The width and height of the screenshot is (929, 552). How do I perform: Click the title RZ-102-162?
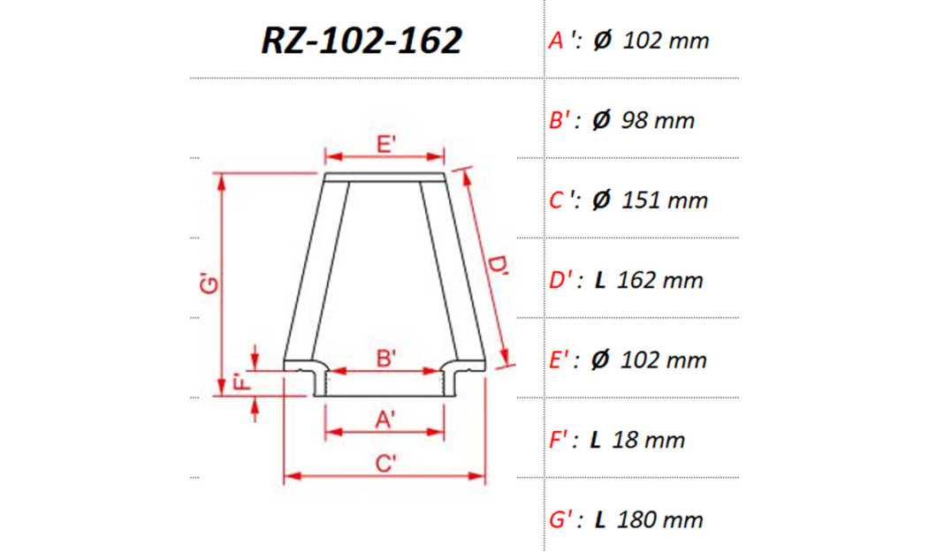click(362, 40)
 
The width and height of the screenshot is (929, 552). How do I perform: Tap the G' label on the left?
click(207, 285)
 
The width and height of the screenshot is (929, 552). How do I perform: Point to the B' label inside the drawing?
click(385, 359)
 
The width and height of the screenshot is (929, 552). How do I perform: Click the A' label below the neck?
click(385, 421)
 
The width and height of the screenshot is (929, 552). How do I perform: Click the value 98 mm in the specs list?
click(658, 121)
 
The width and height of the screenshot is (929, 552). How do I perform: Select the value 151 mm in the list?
click(665, 200)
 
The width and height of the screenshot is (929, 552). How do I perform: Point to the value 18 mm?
click(650, 440)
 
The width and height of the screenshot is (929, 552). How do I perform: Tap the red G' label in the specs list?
click(562, 520)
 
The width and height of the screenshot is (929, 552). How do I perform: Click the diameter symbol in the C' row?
click(601, 200)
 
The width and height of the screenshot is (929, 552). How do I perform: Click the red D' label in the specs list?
click(562, 281)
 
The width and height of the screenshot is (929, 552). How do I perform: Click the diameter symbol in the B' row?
click(601, 121)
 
